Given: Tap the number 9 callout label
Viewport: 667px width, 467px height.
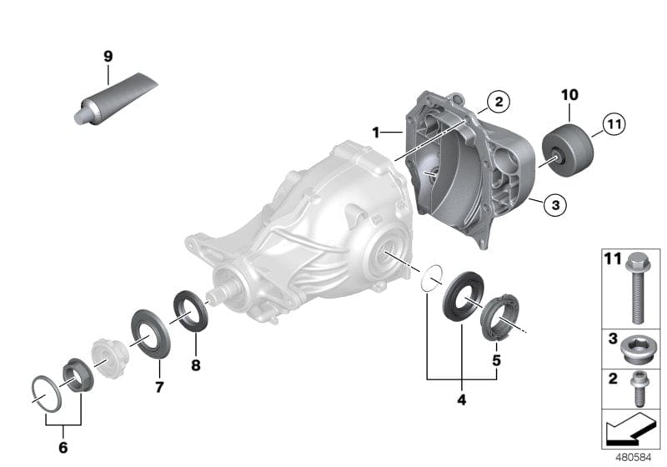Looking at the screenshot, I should click(108, 57).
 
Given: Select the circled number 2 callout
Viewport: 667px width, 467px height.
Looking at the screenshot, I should click(498, 102).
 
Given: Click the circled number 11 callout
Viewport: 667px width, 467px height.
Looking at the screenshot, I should click(613, 126).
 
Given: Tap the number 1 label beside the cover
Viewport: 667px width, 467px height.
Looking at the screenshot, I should click(376, 133).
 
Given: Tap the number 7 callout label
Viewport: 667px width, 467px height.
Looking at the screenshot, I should click(158, 388).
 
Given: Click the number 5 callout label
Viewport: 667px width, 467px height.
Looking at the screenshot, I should click(496, 360).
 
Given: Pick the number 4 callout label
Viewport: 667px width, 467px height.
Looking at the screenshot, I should click(461, 399).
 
